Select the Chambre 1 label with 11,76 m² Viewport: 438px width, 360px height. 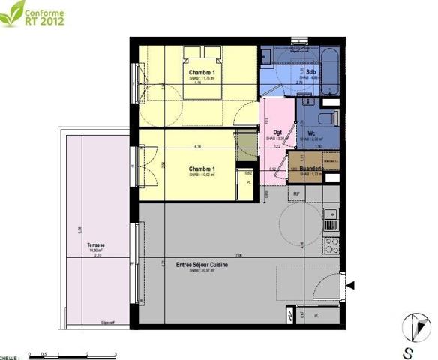[x=202, y=73]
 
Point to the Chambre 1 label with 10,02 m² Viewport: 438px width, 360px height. [x=202, y=169]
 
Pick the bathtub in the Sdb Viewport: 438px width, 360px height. [x=328, y=71]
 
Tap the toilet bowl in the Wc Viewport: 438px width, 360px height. [x=325, y=118]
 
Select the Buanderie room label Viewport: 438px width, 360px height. [x=310, y=169]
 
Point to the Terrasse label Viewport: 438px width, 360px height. [x=95, y=245]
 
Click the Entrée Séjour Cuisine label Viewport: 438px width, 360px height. [x=202, y=265]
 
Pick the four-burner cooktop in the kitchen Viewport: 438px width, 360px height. [x=330, y=244]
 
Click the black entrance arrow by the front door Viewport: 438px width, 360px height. [x=349, y=283]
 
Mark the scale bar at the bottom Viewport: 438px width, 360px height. [x=71, y=352]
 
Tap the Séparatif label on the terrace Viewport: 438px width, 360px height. [x=108, y=322]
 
